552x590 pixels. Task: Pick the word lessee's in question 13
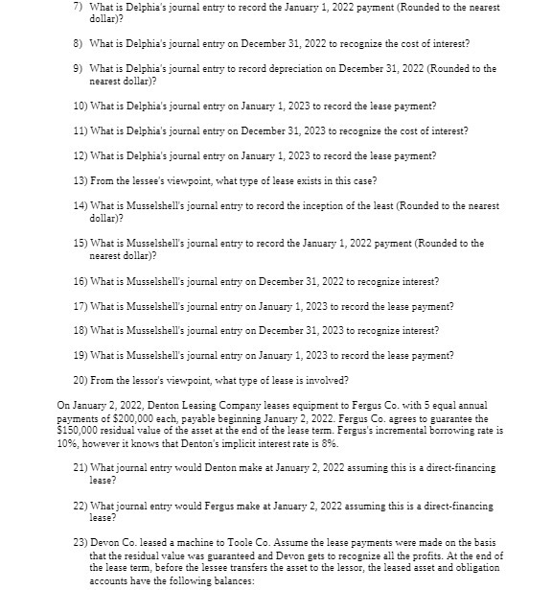[146, 181]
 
